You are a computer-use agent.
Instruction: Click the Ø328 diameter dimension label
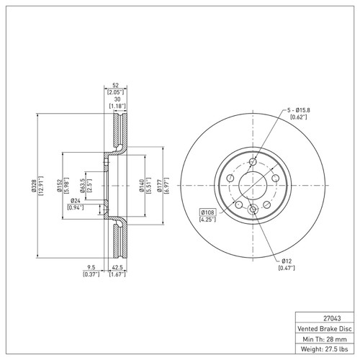click(34, 186)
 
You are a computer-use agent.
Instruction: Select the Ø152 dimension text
click(60, 186)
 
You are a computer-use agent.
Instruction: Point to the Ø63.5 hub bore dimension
click(83, 186)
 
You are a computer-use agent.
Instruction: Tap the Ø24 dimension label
click(76, 201)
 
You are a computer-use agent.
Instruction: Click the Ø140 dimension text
click(142, 186)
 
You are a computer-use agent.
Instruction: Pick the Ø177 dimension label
click(160, 186)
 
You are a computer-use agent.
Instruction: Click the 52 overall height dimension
click(115, 85)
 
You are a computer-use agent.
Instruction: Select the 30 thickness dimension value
click(117, 99)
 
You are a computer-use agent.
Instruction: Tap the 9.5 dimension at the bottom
click(91, 267)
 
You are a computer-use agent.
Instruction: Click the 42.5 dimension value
click(117, 267)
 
